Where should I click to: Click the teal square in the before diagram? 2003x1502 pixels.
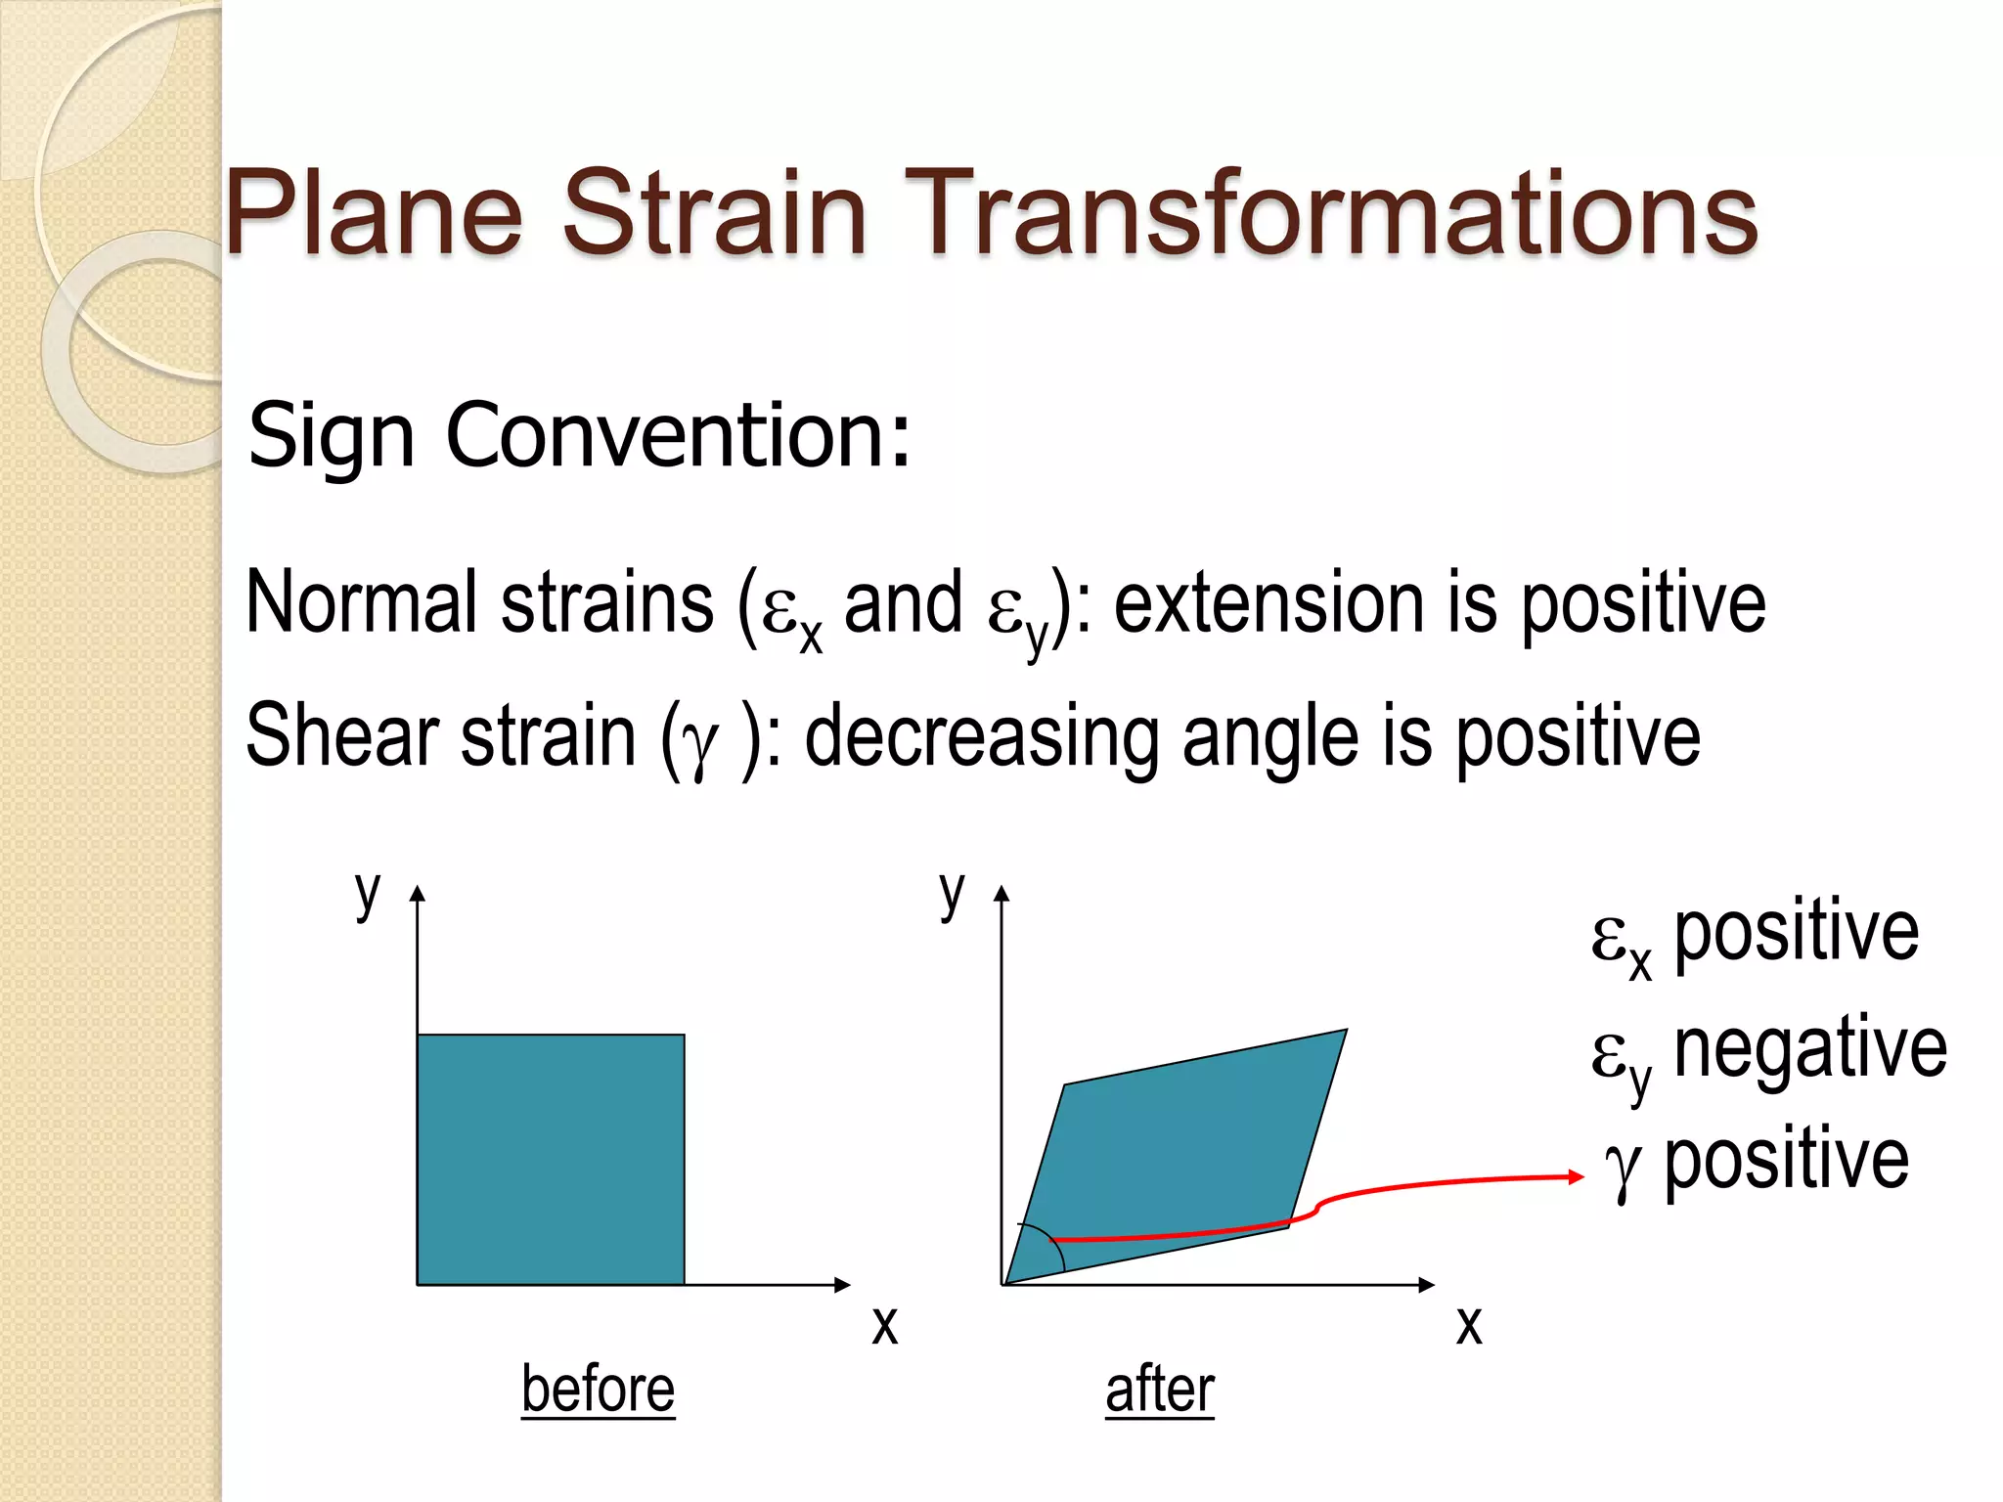pos(551,1159)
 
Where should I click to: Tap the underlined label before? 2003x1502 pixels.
pos(598,1389)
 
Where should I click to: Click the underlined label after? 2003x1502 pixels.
pos(1160,1389)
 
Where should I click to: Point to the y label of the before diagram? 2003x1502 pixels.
pos(367,892)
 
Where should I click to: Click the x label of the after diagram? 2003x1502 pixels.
pos(1469,1325)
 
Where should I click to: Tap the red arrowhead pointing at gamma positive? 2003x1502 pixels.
pos(1576,1176)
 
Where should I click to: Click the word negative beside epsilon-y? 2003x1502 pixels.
pos(1810,1048)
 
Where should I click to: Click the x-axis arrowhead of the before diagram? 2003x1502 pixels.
pos(842,1284)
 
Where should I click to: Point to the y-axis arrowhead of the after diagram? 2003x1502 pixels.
pos(1001,893)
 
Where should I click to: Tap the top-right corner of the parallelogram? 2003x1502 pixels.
pos(1345,1031)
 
